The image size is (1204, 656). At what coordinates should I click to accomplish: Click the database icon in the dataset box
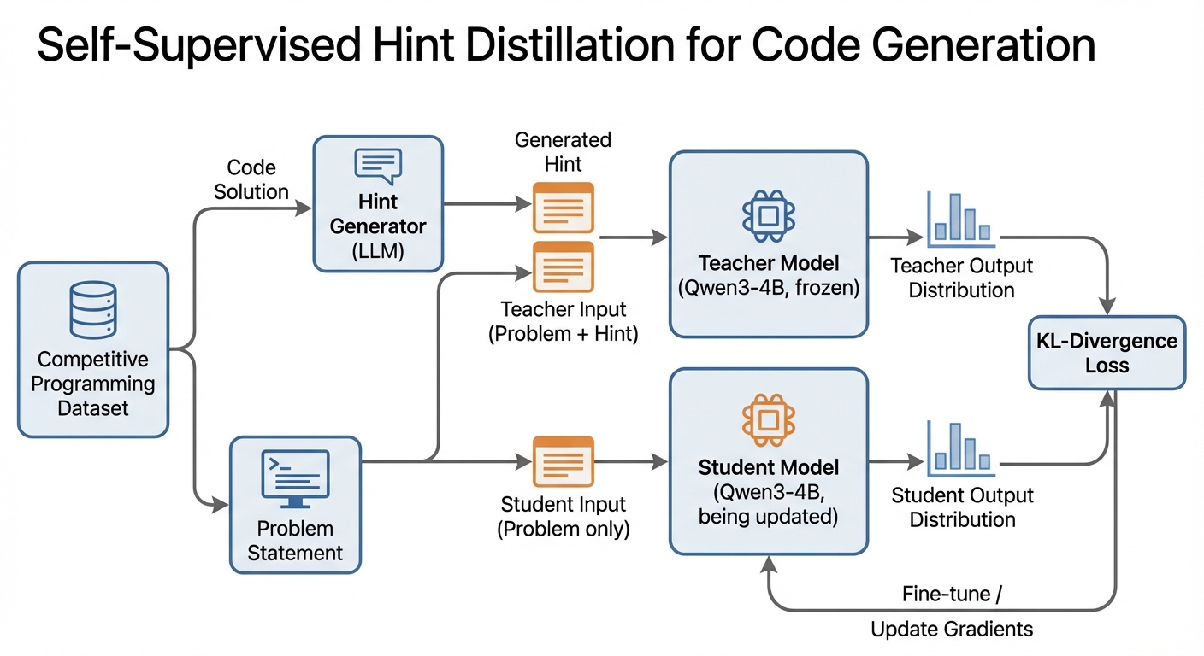[92, 312]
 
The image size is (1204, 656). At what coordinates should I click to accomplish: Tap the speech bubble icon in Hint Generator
[378, 166]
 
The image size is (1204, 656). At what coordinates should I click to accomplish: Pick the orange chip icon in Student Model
[769, 420]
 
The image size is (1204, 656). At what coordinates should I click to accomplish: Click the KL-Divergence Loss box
[1107, 353]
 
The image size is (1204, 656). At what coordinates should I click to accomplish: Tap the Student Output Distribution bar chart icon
[959, 448]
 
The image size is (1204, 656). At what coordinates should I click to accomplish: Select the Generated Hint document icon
[563, 207]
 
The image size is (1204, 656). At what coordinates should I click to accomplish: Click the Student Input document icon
[563, 461]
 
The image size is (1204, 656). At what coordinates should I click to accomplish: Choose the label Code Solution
[251, 180]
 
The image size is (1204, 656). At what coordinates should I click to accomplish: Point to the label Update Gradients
[952, 630]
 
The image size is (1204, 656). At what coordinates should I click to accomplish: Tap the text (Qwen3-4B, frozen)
[769, 288]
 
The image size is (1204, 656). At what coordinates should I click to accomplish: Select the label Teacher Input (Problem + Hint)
[563, 322]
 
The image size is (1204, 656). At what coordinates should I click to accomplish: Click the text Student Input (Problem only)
[563, 516]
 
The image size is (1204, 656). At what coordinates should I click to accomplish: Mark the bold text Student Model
[769, 467]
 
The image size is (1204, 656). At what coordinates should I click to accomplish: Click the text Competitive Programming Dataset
[92, 384]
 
